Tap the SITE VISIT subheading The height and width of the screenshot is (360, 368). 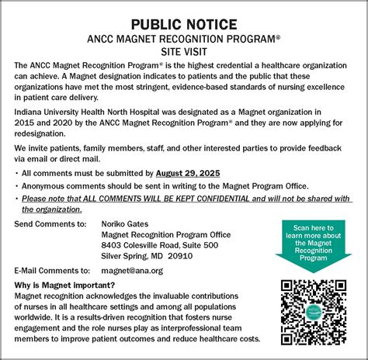coord(184,51)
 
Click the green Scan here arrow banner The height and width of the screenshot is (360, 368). coord(313,242)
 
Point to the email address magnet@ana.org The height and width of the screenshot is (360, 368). coord(133,270)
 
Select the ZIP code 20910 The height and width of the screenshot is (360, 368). coord(180,256)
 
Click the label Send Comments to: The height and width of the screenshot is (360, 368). coord(50,223)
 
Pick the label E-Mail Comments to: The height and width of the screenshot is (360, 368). coord(52,270)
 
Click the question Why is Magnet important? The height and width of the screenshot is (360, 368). coord(64,285)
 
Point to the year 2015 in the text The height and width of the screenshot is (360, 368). coord(27,123)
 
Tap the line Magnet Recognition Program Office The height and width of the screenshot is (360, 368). coord(166,234)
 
